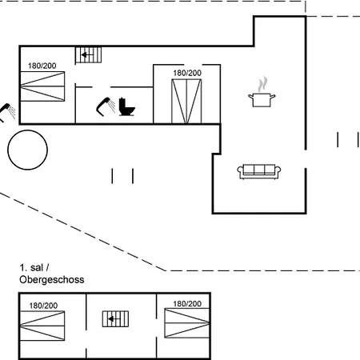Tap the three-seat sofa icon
point(259,171)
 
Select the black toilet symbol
point(126,106)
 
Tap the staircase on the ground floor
point(89,55)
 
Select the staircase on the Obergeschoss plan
point(115,319)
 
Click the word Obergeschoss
point(52,279)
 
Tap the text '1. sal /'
point(34,267)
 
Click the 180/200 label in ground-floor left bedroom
point(42,66)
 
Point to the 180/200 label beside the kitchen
point(187,73)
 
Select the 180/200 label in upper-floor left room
point(43,306)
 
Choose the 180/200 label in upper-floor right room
point(187,303)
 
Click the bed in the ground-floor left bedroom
point(42,86)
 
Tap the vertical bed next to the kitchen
point(186,102)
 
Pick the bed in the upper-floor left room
point(42,326)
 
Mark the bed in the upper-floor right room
point(187,323)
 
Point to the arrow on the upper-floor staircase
point(114,319)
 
